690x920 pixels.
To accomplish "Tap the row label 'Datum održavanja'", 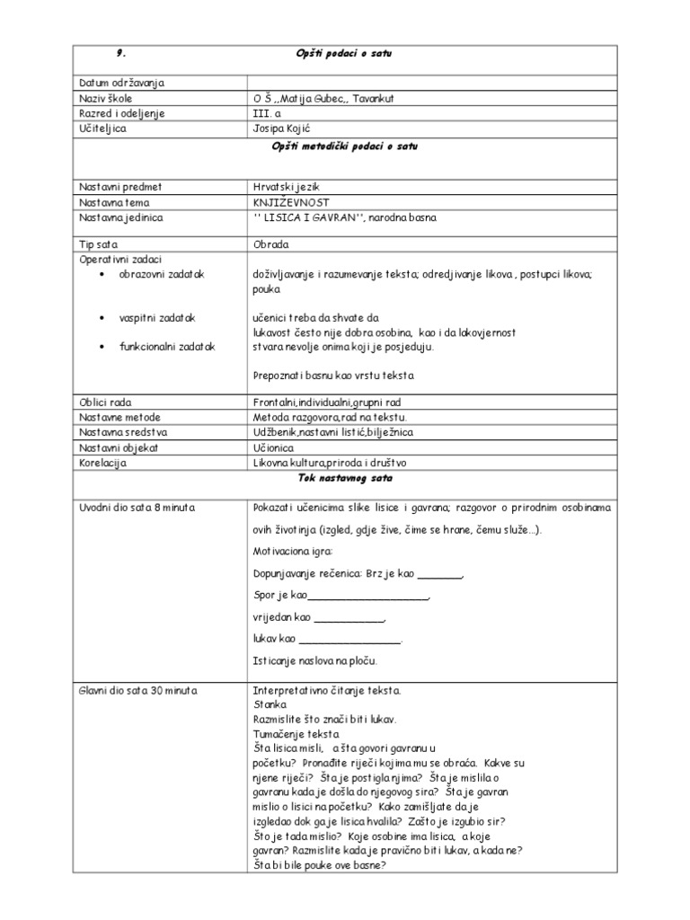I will point(122,84).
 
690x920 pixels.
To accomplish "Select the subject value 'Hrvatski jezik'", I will point(287,187).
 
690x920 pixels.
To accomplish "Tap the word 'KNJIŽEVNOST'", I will point(292,202).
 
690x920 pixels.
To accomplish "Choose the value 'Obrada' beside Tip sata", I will point(271,244).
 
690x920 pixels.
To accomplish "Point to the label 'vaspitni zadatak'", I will point(157,318).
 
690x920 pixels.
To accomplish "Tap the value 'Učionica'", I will point(276,447).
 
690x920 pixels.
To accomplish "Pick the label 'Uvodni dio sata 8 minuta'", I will point(137,508).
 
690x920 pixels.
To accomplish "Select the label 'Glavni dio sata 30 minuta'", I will point(140,691).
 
